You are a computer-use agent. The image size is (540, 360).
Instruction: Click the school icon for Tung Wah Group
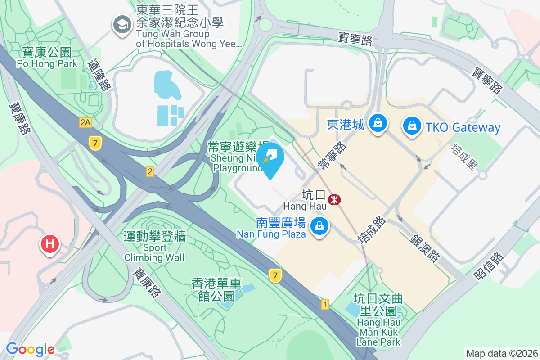(121, 24)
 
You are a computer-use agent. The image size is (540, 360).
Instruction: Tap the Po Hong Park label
(44, 58)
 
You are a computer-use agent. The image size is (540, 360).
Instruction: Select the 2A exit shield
(85, 122)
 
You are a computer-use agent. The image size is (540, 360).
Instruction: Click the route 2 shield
(150, 171)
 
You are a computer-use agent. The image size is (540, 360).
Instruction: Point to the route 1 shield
(325, 304)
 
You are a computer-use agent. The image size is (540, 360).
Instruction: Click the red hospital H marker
(50, 244)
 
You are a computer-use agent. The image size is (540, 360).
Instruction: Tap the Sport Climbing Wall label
(154, 247)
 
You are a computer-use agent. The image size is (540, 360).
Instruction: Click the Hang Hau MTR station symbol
(334, 199)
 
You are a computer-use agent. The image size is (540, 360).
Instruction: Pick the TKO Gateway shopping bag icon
(412, 126)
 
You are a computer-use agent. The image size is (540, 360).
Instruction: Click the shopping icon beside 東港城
(378, 122)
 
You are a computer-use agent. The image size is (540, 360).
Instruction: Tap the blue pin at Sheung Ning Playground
(270, 158)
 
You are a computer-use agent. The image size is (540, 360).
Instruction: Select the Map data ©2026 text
(501, 353)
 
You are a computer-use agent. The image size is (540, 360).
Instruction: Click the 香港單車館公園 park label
(216, 290)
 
